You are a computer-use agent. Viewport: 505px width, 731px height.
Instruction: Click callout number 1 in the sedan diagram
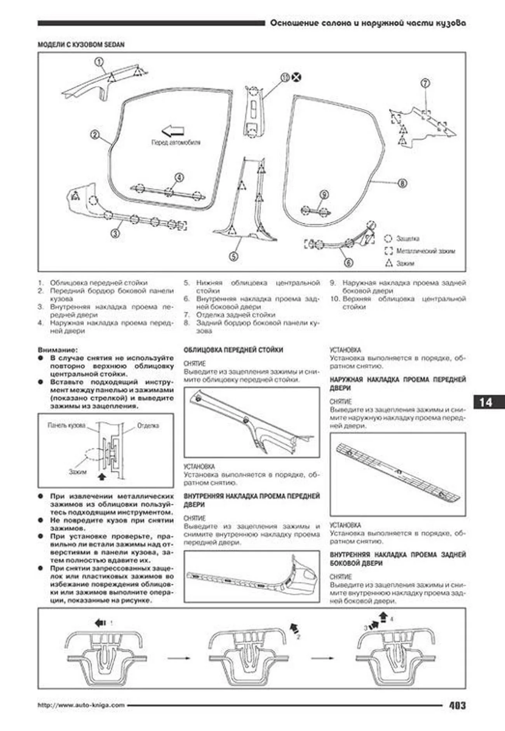pos(99,62)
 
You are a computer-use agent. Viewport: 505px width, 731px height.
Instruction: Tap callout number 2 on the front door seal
pos(95,135)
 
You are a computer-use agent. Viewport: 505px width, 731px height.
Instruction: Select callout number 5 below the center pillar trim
pos(233,256)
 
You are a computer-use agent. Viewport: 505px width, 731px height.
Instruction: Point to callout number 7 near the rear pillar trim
pos(425,83)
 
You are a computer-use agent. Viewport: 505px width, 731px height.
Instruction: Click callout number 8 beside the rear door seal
pos(402,183)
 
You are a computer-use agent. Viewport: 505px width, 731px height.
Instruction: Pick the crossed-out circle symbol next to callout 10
pos(297,77)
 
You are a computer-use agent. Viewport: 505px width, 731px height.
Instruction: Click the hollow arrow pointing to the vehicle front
pos(173,131)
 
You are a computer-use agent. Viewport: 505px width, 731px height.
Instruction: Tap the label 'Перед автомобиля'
pos(176,143)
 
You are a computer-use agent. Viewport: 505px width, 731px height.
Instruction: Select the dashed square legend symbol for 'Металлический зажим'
pos(388,251)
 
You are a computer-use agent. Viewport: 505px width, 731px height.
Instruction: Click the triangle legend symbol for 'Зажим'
pos(388,263)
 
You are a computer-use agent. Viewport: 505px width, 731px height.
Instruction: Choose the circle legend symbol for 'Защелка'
pos(388,238)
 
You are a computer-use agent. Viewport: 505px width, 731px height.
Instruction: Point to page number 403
pos(457,705)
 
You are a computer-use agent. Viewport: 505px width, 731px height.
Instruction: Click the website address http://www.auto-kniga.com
pos(81,705)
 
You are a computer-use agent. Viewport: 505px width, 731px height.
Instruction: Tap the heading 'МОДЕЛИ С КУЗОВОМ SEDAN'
pos(81,45)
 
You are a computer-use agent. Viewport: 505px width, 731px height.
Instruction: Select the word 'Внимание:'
pos(57,350)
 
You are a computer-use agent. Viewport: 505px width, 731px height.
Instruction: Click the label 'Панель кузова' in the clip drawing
pos(66,425)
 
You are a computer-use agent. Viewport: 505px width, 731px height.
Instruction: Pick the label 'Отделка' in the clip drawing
pos(148,425)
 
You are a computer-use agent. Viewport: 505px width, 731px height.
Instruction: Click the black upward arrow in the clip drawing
pos(102,476)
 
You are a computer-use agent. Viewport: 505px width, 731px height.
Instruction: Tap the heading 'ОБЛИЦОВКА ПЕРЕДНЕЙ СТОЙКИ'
pos(233,350)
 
